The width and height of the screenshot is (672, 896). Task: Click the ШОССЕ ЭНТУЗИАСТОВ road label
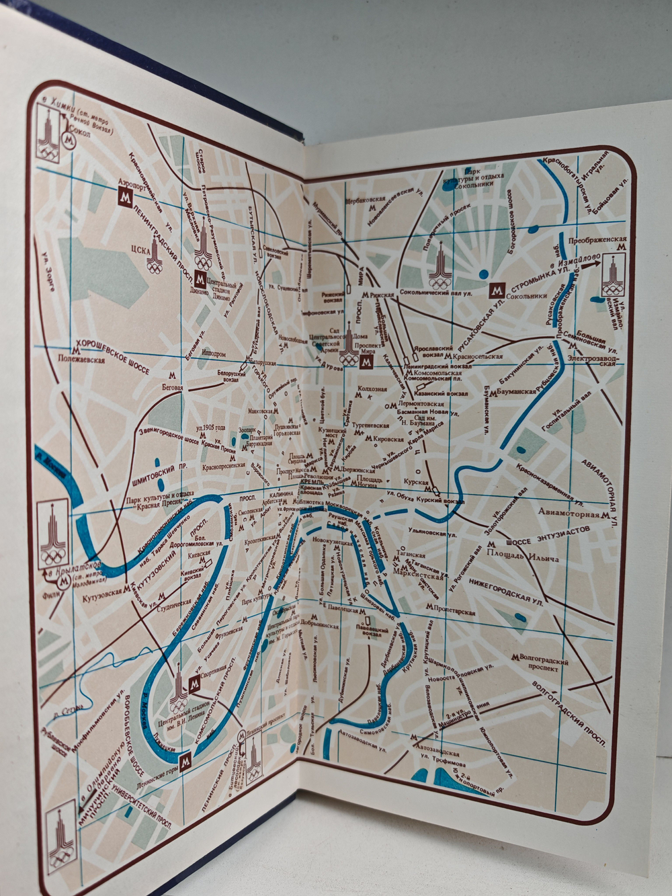(x=554, y=532)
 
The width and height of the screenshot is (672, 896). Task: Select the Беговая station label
(x=173, y=387)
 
